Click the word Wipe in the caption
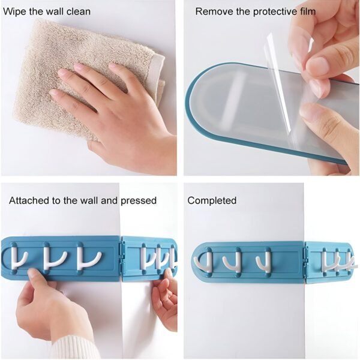click(x=14, y=11)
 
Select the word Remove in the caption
click(x=211, y=11)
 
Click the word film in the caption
click(x=304, y=11)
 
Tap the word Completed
click(x=212, y=200)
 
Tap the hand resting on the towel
click(x=120, y=108)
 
